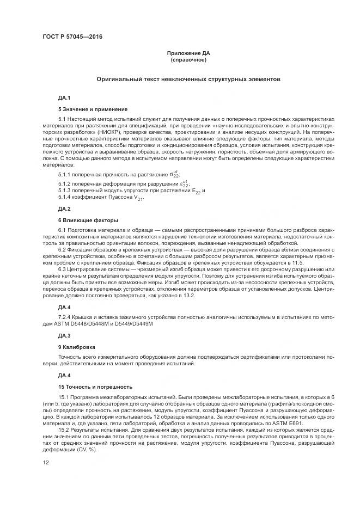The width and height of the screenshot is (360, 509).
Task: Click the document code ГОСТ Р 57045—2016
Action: [x=72, y=37]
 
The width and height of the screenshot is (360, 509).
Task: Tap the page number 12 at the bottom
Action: [x=46, y=462]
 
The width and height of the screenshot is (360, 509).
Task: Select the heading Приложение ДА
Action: [x=188, y=53]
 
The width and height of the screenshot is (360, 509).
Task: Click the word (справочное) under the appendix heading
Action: [x=188, y=59]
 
